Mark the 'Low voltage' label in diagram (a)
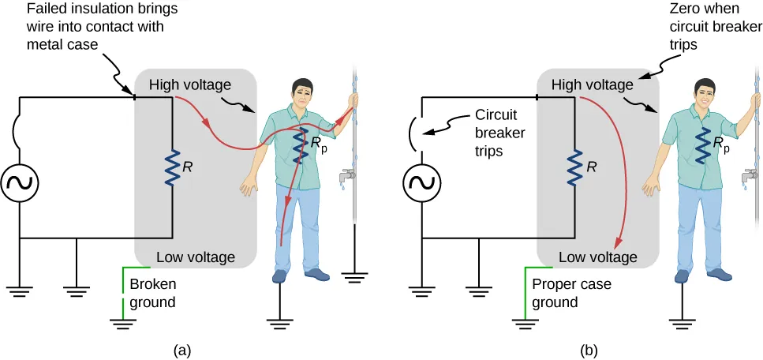(x=196, y=257)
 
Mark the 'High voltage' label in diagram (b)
(x=592, y=84)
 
